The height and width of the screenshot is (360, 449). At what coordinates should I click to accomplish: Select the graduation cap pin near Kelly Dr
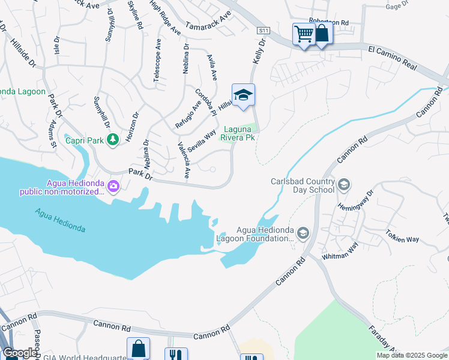tap(243, 95)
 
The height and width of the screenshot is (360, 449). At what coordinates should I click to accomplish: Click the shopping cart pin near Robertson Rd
tap(304, 34)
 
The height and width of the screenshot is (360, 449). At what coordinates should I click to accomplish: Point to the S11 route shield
tap(262, 30)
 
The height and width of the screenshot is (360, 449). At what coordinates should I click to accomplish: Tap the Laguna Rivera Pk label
tap(240, 133)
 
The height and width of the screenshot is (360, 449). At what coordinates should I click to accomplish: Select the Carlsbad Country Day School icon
tap(344, 184)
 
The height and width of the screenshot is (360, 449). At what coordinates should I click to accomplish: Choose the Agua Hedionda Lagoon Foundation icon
tap(303, 233)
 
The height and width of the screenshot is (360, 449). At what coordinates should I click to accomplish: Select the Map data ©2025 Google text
tap(411, 355)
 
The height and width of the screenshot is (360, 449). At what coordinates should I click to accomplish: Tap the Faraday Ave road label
tap(382, 337)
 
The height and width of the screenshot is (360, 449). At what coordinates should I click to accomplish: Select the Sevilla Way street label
tap(202, 142)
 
